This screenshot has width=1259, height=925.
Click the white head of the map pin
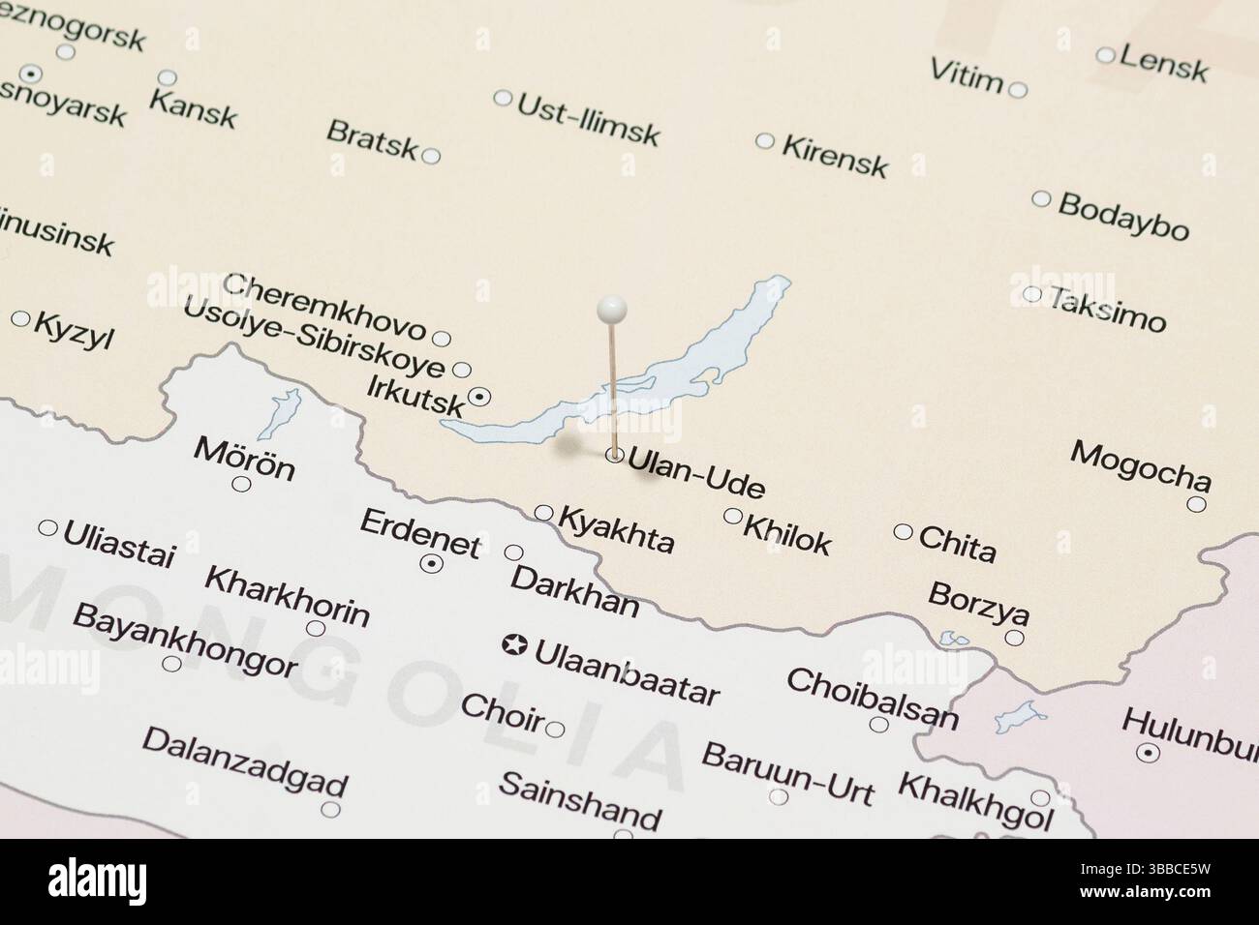pyautogui.click(x=612, y=310)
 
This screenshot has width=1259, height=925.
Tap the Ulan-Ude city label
pyautogui.click(x=696, y=472)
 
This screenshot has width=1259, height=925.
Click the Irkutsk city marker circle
pyautogui.click(x=479, y=396)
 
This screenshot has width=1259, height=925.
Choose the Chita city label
pyautogui.click(x=957, y=544)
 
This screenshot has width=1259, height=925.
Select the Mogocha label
pyautogui.click(x=1140, y=465)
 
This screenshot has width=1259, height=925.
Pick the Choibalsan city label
pyautogui.click(x=872, y=697)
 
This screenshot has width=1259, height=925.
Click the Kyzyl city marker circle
pyautogui.click(x=21, y=318)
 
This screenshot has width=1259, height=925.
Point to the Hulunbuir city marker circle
pyautogui.click(x=1149, y=753)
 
